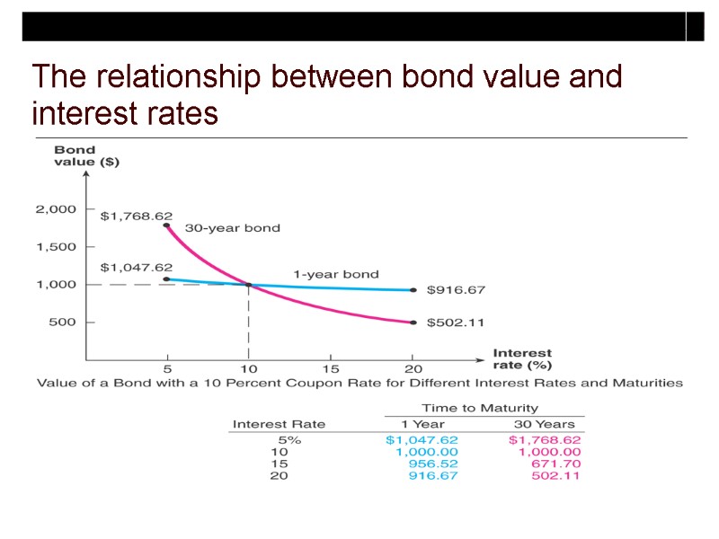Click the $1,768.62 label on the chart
click(x=136, y=216)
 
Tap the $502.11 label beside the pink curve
click(x=456, y=323)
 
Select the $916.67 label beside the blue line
click(x=456, y=290)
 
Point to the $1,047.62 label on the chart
click(x=136, y=267)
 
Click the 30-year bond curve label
click(x=232, y=228)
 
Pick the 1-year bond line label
click(x=336, y=274)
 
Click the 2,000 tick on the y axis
click(x=56, y=209)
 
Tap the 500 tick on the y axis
click(x=62, y=322)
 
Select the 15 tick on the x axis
click(x=331, y=368)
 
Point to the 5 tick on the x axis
click(x=167, y=368)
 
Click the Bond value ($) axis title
click(x=87, y=156)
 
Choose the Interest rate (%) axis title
click(x=522, y=358)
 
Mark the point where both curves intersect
click(x=249, y=285)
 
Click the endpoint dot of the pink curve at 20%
click(x=413, y=322)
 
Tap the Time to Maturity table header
click(x=480, y=408)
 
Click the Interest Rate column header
click(x=279, y=424)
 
